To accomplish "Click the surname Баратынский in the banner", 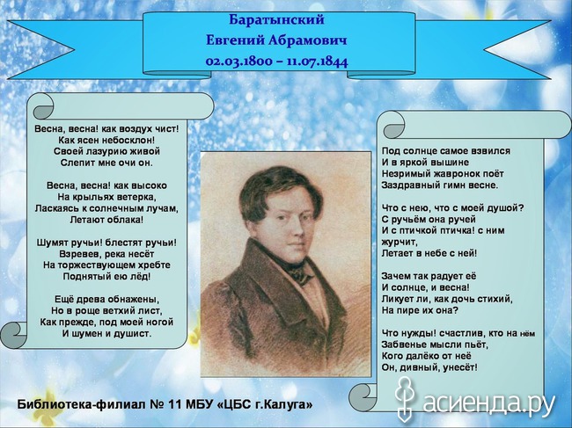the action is tap(276, 20).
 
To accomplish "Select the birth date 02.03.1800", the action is tap(239, 61).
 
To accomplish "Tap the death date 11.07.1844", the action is tap(318, 61).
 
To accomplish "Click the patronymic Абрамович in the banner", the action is tap(307, 40).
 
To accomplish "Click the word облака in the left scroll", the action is tap(125, 220).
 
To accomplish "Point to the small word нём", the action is tap(527, 334).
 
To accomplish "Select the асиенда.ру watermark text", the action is tap(488, 403).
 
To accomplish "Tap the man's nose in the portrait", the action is tap(297, 229).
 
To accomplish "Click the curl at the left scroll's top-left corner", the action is tap(41, 106).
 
